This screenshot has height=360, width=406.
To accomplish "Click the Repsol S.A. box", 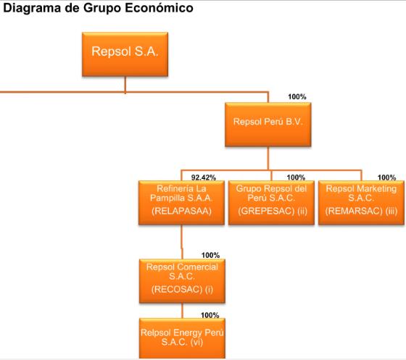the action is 125,54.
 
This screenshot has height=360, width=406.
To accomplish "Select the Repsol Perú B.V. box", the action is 268,125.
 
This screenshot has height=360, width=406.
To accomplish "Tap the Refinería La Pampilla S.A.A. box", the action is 181,203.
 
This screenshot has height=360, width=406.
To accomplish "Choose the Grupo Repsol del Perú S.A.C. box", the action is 271,203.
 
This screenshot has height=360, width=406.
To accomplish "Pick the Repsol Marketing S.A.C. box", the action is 361,203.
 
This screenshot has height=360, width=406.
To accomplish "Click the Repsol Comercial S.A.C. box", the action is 182,281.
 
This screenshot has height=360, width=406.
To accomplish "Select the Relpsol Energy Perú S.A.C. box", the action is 182,338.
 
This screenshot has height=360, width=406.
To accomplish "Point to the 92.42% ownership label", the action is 204,177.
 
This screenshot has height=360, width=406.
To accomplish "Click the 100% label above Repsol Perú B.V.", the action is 297,97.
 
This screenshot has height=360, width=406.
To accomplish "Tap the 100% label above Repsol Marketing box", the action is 386,177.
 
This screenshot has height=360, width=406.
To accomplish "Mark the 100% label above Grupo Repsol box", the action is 296,177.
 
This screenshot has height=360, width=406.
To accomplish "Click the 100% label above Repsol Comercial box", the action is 210,255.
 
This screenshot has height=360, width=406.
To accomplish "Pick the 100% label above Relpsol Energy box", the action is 210,315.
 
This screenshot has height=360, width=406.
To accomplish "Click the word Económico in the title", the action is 159,8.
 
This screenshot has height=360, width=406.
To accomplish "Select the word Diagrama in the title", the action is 33,8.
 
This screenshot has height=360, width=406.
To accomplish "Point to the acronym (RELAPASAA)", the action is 181,211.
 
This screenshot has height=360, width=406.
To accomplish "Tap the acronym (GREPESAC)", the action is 266,211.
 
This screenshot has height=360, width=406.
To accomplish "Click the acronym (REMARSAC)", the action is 354,211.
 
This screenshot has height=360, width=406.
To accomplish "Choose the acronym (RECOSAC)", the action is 177,289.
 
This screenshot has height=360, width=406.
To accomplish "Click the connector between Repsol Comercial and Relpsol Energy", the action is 182,311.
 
